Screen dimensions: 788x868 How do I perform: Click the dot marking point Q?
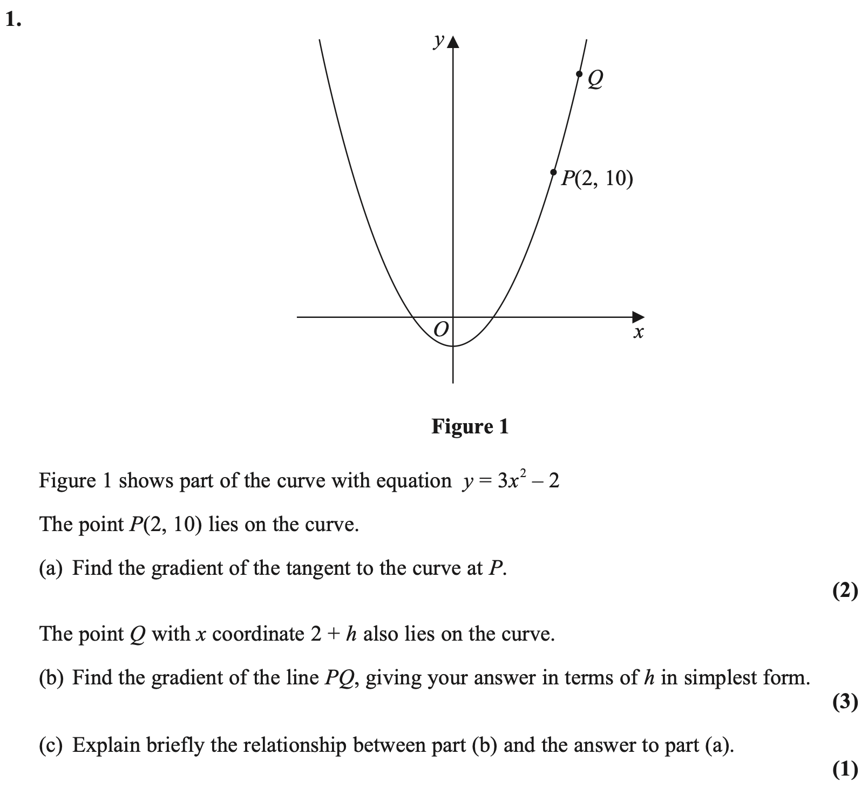click(579, 74)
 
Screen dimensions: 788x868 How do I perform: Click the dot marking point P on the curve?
click(553, 172)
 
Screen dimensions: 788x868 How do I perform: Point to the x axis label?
click(638, 332)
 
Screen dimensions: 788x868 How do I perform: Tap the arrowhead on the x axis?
click(639, 316)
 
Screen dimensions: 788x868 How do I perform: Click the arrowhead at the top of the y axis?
click(453, 43)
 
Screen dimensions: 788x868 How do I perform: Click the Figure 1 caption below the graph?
click(470, 427)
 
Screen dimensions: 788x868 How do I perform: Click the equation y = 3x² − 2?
click(510, 480)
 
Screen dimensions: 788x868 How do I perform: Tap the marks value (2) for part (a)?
click(845, 592)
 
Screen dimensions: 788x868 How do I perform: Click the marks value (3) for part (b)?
click(845, 702)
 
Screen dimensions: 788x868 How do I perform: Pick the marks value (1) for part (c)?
click(845, 769)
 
